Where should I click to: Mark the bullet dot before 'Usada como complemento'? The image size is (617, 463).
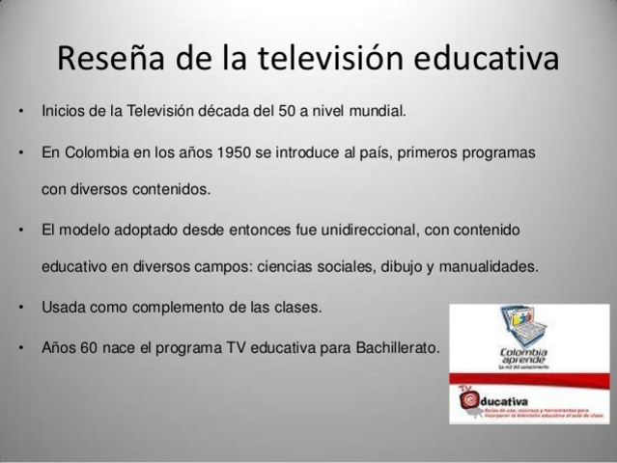pyautogui.click(x=20, y=309)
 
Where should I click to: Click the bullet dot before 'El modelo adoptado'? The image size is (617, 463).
pyautogui.click(x=20, y=231)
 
